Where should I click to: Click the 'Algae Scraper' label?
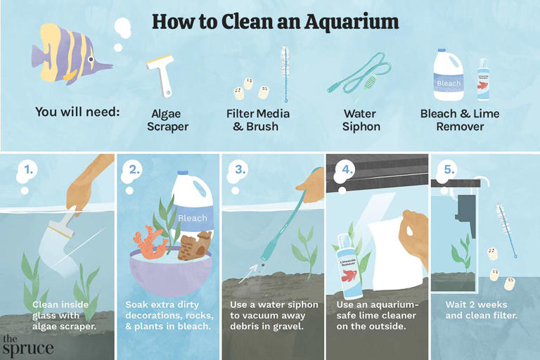[169, 120]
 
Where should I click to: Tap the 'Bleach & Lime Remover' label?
[461, 120]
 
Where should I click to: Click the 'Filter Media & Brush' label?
[258, 120]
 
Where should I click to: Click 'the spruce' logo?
[27, 345]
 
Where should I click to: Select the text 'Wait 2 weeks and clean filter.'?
[482, 311]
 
